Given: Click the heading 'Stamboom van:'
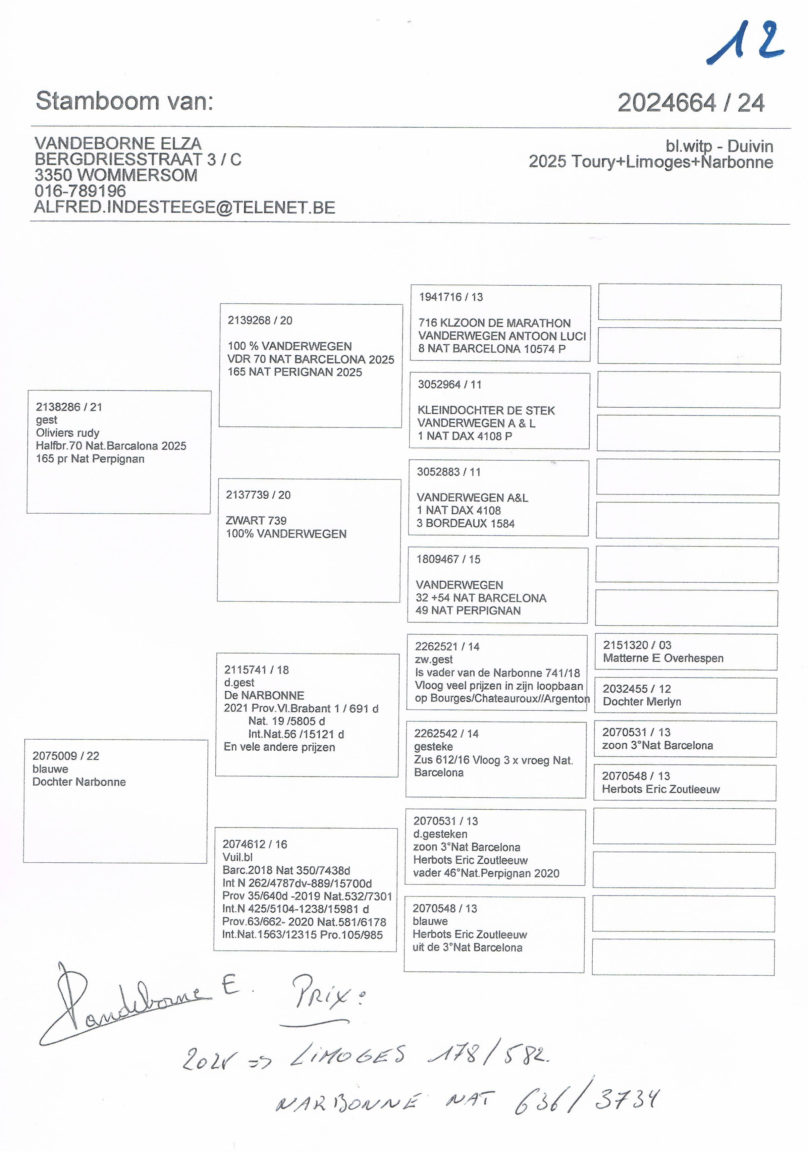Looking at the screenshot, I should point(124,101).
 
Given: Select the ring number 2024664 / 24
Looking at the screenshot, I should point(691,103).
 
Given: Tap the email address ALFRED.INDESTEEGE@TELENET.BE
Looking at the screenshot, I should point(184,207).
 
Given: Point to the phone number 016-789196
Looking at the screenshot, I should point(80,191).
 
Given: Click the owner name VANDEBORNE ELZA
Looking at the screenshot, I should point(118,143).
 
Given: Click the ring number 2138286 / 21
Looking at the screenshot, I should point(69,407).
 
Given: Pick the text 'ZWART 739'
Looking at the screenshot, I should point(256,520).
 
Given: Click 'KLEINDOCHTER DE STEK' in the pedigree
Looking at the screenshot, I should point(486,410).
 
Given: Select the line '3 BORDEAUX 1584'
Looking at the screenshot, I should point(465,523).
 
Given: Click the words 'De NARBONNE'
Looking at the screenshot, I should point(264,695).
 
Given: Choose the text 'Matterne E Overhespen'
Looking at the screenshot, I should point(663,658).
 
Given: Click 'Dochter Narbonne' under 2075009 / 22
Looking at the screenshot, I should point(79,782).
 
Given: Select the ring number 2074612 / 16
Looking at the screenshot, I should point(255,845).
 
